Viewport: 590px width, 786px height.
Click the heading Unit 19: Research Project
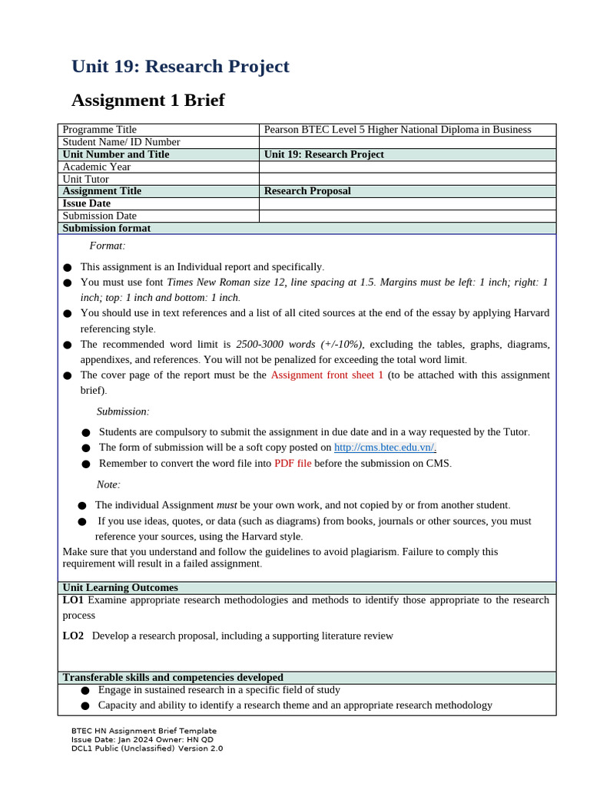click(180, 67)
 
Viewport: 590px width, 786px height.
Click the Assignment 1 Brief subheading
click(147, 101)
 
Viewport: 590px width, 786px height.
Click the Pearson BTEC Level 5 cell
click(397, 130)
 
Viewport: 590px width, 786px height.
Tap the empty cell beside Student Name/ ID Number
click(407, 142)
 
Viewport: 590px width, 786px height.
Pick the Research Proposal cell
click(307, 191)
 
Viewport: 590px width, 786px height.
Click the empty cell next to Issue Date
click(407, 203)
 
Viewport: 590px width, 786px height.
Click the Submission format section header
click(106, 228)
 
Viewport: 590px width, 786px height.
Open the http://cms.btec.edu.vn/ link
click(385, 447)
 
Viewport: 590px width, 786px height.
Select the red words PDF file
click(293, 463)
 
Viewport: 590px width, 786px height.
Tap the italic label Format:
click(107, 246)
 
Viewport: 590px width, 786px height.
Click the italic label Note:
click(108, 484)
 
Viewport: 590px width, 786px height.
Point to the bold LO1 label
click(73, 599)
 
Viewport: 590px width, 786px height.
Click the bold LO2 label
click(73, 636)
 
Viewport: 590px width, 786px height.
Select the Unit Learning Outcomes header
click(120, 587)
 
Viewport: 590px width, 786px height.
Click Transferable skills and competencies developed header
click(172, 677)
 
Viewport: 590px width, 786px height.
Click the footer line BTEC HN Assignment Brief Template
click(144, 731)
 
